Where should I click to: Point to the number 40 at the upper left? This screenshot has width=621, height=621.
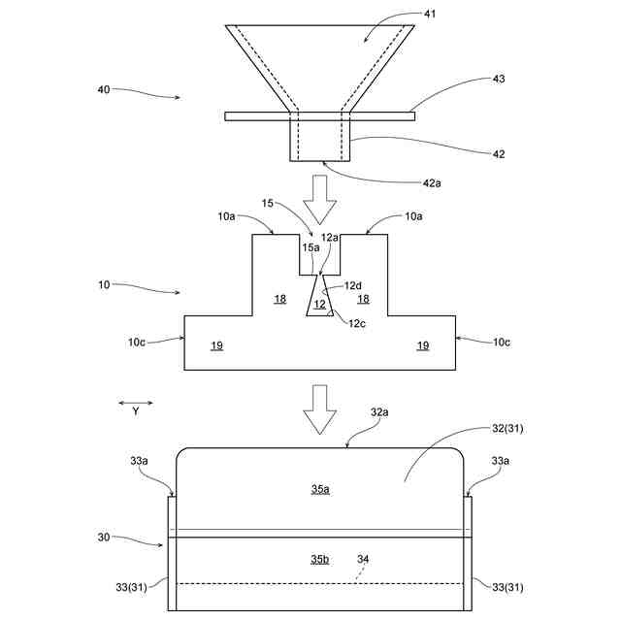click(x=103, y=90)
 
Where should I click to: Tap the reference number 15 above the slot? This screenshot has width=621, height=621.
click(x=269, y=204)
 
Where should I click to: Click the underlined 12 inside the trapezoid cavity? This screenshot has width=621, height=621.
click(x=319, y=304)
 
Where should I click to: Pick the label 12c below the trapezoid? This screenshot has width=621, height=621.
click(x=358, y=323)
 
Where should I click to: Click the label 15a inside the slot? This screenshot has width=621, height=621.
click(x=310, y=248)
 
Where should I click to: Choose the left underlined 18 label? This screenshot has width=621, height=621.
click(x=279, y=299)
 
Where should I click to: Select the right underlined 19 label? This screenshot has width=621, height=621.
click(x=422, y=345)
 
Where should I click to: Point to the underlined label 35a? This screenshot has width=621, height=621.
click(x=320, y=490)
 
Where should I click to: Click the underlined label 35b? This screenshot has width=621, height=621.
click(x=320, y=560)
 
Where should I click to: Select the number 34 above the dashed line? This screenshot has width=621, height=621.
click(x=363, y=559)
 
